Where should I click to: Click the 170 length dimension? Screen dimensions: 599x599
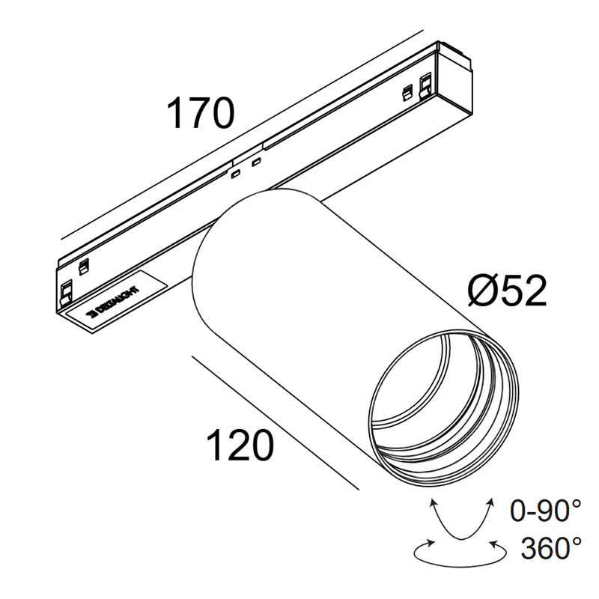[201, 114]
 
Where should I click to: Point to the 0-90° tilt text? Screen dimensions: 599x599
[545, 512]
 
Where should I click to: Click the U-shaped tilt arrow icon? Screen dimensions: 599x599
[461, 520]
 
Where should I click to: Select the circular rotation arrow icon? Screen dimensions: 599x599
[458, 553]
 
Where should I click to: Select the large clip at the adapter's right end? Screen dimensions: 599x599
[426, 84]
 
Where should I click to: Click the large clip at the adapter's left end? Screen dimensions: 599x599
[67, 288]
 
